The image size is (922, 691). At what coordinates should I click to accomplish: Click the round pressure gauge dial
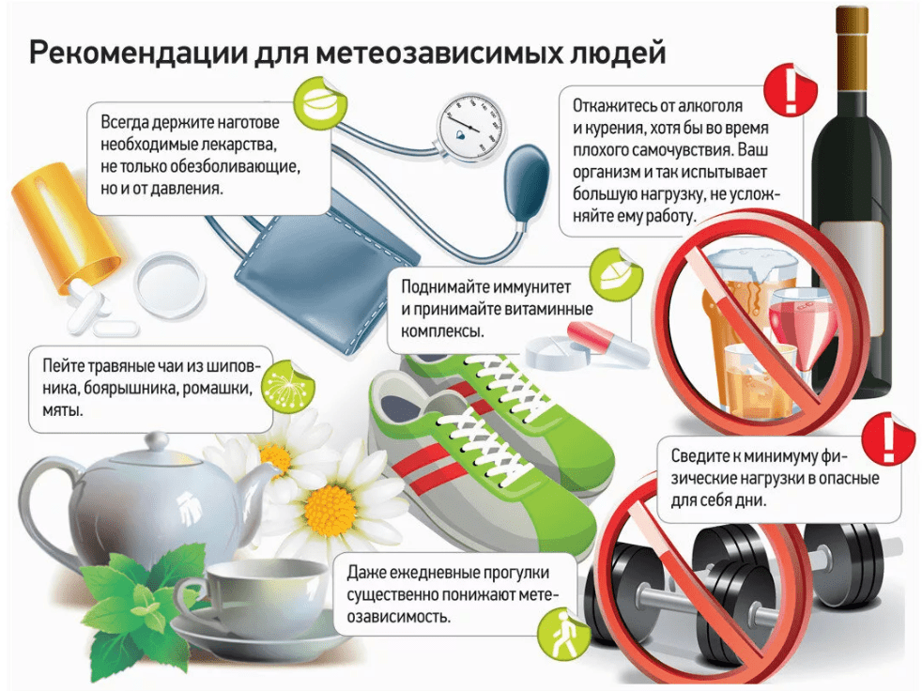tap(471, 126)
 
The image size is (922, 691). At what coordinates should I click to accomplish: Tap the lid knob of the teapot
tap(158, 441)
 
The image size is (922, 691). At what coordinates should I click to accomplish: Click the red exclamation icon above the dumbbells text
tap(888, 438)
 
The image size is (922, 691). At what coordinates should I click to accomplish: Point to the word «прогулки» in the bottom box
tap(515, 572)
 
